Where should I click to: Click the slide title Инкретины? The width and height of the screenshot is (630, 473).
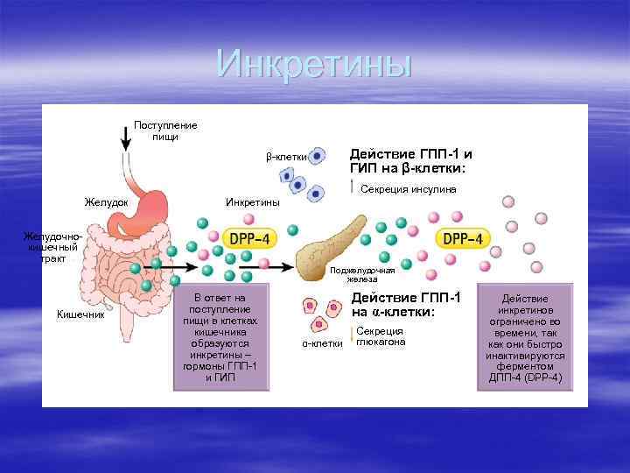pyautogui.click(x=313, y=64)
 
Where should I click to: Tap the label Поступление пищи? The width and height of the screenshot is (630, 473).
pyautogui.click(x=165, y=131)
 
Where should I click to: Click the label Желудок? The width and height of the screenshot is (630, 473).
pyautogui.click(x=106, y=203)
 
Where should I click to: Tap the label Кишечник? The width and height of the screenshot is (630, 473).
pyautogui.click(x=80, y=314)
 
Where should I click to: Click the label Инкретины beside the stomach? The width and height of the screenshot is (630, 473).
pyautogui.click(x=253, y=203)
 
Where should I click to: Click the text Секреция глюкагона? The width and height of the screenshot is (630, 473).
pyautogui.click(x=381, y=336)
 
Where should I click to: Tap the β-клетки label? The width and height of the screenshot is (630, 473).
pyautogui.click(x=287, y=157)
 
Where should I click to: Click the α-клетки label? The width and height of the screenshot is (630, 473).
pyautogui.click(x=323, y=343)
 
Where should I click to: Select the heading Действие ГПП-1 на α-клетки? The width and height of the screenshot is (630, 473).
pyautogui.click(x=405, y=305)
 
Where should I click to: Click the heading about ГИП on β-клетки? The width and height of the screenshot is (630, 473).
pyautogui.click(x=409, y=160)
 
